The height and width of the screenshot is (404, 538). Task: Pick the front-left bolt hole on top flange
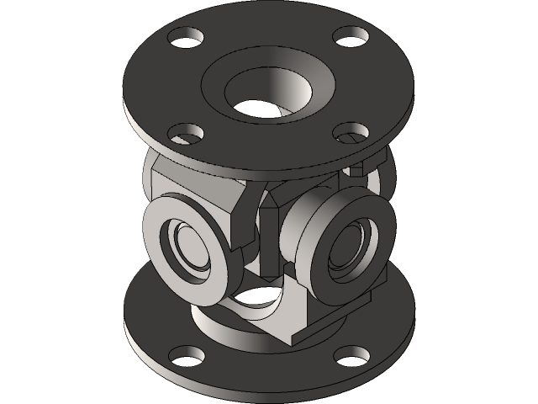pyautogui.click(x=185, y=133)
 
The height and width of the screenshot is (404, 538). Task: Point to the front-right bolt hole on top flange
pyautogui.click(x=351, y=132)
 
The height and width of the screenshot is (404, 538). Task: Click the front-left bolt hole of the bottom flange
pyautogui.click(x=186, y=358)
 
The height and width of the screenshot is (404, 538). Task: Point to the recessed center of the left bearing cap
pyautogui.click(x=191, y=247)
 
